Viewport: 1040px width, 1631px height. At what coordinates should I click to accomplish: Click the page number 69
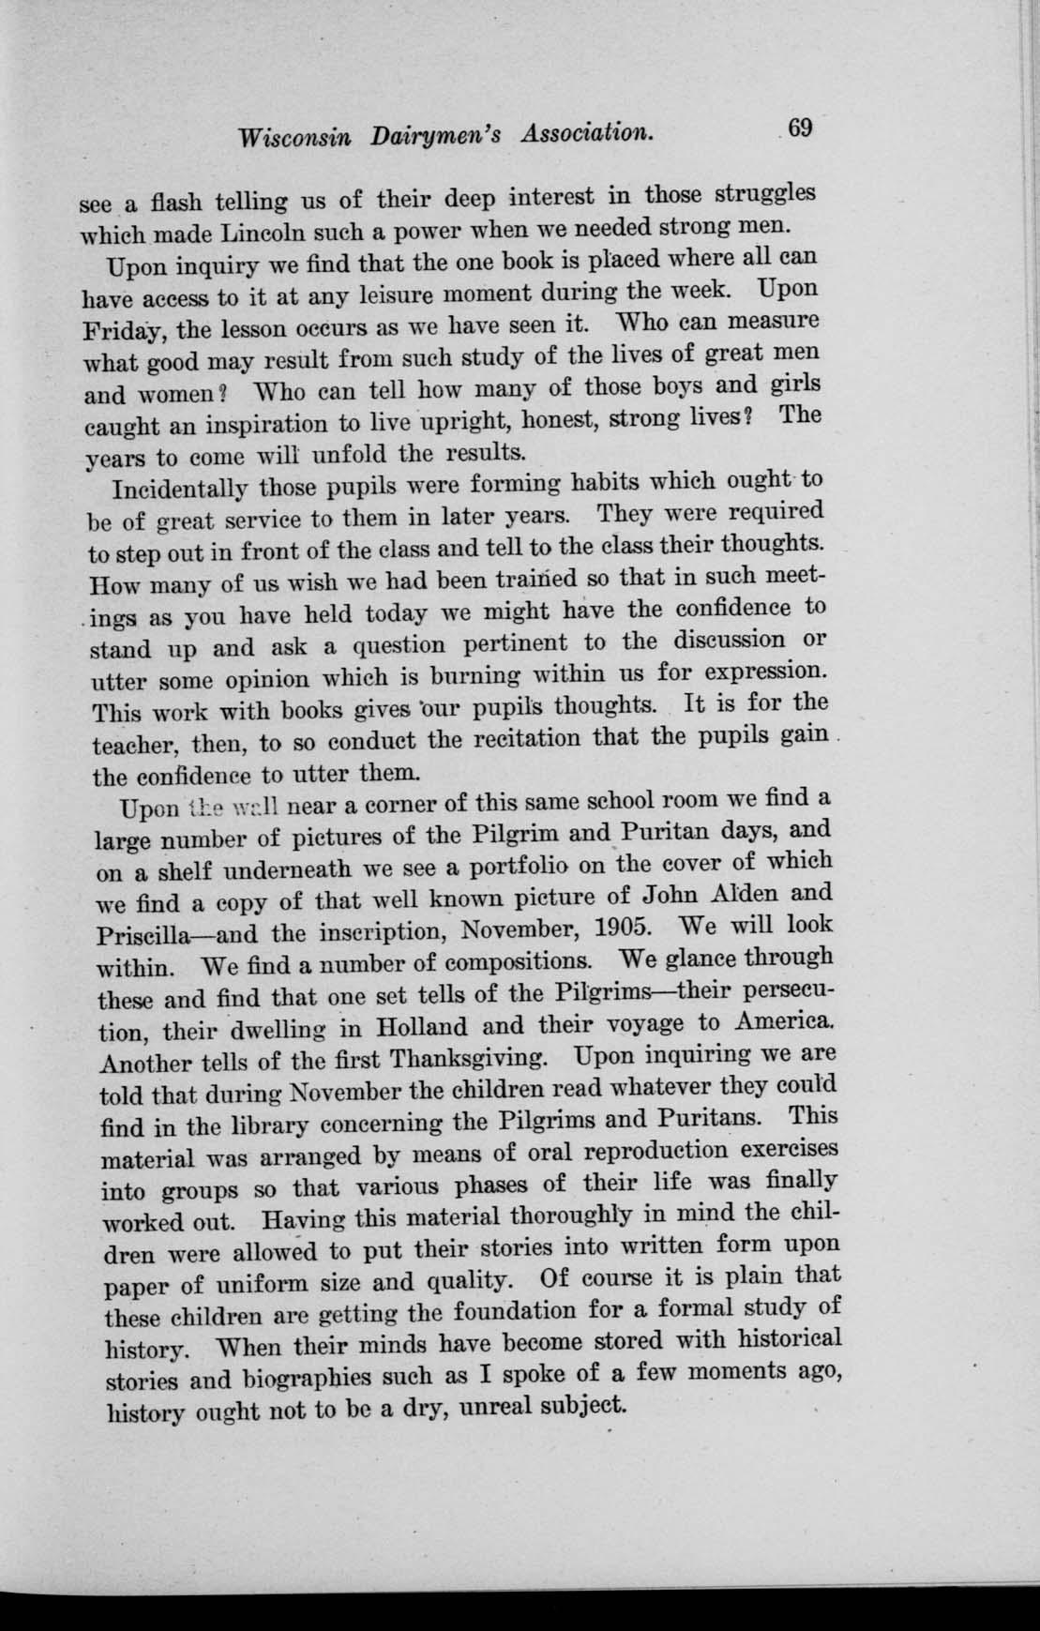[x=800, y=128]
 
